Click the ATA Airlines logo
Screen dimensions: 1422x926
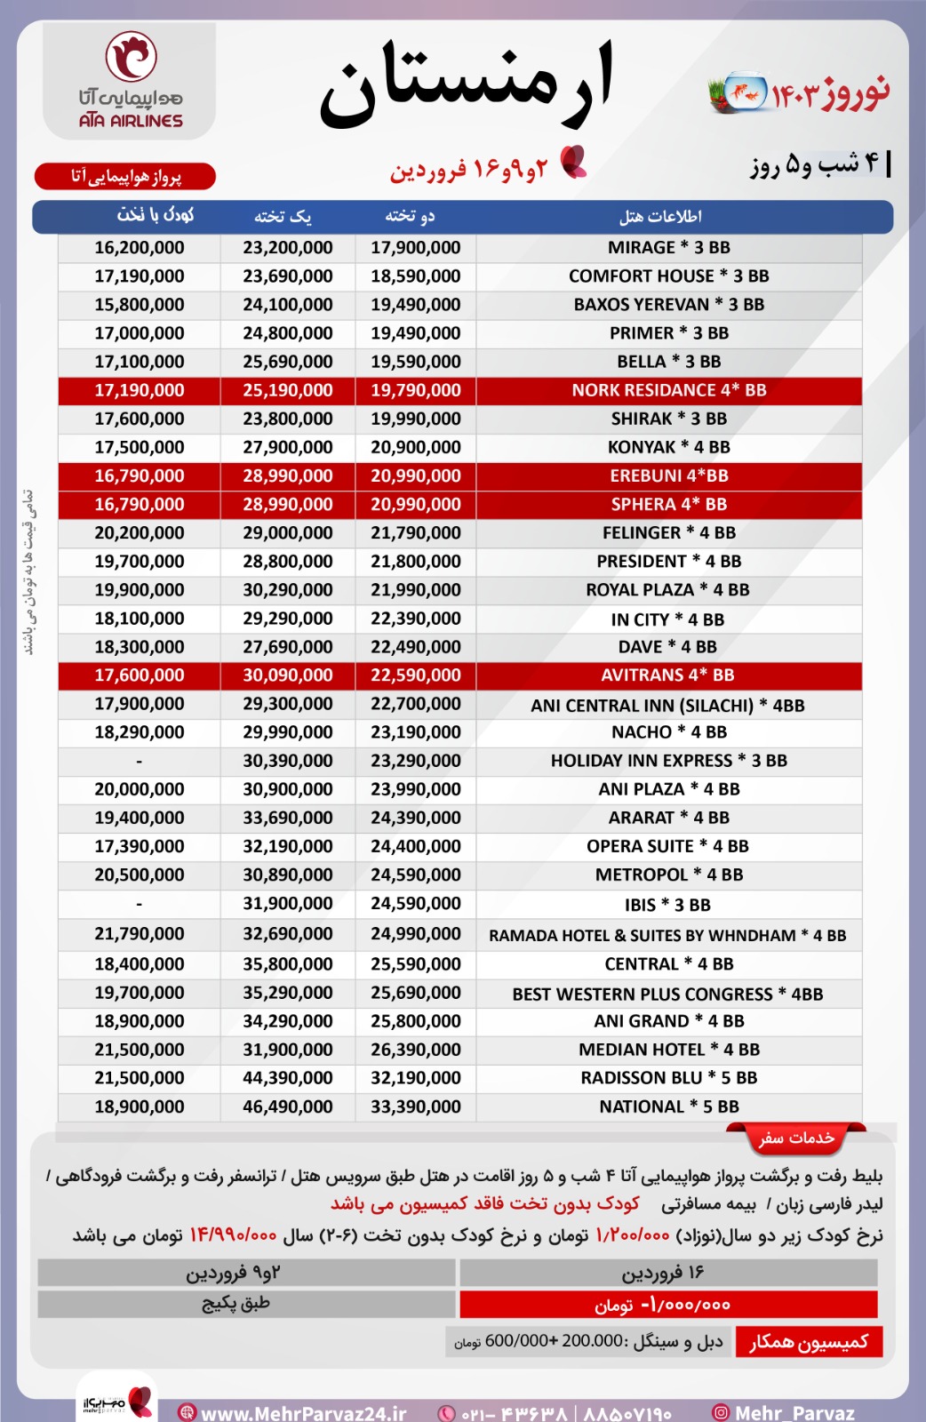click(x=130, y=80)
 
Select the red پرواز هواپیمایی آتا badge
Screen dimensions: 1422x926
click(x=125, y=177)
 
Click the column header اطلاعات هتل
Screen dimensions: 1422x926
click(x=660, y=217)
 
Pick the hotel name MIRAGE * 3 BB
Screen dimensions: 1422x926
click(x=668, y=248)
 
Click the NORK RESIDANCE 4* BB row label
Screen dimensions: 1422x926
click(x=668, y=390)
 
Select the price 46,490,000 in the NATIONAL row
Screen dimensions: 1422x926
click(x=288, y=1106)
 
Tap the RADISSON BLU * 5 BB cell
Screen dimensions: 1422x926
click(x=668, y=1078)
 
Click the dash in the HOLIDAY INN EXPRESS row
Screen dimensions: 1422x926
click(x=140, y=761)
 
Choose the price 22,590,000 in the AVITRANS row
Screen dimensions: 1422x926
click(x=416, y=675)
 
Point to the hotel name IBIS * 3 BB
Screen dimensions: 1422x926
click(x=667, y=905)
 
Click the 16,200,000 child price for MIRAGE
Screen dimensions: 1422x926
click(x=140, y=248)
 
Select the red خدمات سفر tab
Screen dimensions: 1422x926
click(x=796, y=1138)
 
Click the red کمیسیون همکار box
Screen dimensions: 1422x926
click(x=808, y=1342)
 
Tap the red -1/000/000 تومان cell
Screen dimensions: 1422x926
click(x=667, y=1305)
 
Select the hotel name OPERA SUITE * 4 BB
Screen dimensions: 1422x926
click(x=667, y=846)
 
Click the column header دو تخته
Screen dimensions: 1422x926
click(x=411, y=217)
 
